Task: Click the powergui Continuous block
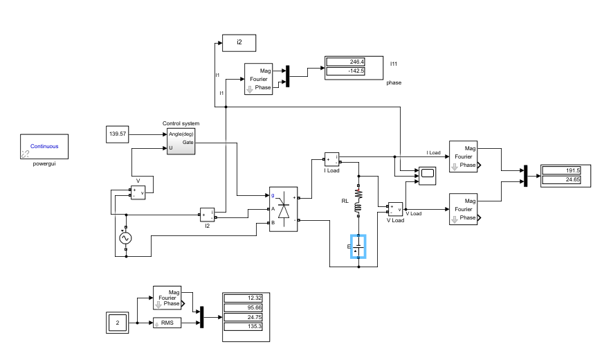pyautogui.click(x=44, y=147)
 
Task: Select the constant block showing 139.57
pyautogui.click(x=118, y=134)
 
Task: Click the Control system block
pyautogui.click(x=181, y=142)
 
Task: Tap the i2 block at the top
pyautogui.click(x=239, y=43)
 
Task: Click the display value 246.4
pyautogui.click(x=346, y=62)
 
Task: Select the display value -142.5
pyautogui.click(x=346, y=71)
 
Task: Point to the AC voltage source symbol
pyautogui.click(x=125, y=238)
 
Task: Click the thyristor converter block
pyautogui.click(x=283, y=209)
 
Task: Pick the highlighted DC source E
pyautogui.click(x=358, y=246)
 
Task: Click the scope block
pyautogui.click(x=428, y=176)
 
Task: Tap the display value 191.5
pyautogui.click(x=561, y=170)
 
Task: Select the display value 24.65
pyautogui.click(x=561, y=180)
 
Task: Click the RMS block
pyautogui.click(x=167, y=323)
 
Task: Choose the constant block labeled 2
pyautogui.click(x=118, y=323)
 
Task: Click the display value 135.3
pyautogui.click(x=244, y=327)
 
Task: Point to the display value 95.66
pyautogui.click(x=244, y=308)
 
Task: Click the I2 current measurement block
pyautogui.click(x=208, y=215)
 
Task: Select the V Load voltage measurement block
pyautogui.click(x=396, y=210)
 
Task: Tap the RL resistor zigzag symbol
pyautogui.click(x=358, y=194)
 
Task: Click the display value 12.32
pyautogui.click(x=244, y=298)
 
